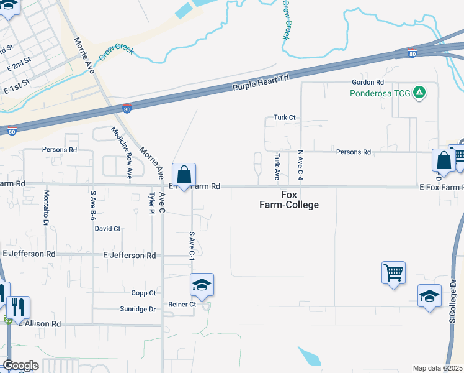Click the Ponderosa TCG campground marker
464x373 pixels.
coord(420,93)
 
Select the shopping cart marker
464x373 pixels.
coord(393,272)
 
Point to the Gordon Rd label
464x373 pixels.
coord(368,82)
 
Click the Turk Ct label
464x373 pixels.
coord(285,117)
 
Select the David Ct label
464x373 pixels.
coord(107,229)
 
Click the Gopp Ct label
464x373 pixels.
coord(143,293)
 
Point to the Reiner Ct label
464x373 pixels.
coord(182,305)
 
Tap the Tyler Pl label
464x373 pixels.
coord(151,204)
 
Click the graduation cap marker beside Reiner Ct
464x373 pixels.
coord(202,285)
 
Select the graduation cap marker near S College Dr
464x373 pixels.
coord(429,296)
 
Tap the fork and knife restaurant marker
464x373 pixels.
coord(18,307)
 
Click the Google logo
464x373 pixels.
coord(20,366)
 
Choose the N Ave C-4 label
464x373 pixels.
coord(300,165)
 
